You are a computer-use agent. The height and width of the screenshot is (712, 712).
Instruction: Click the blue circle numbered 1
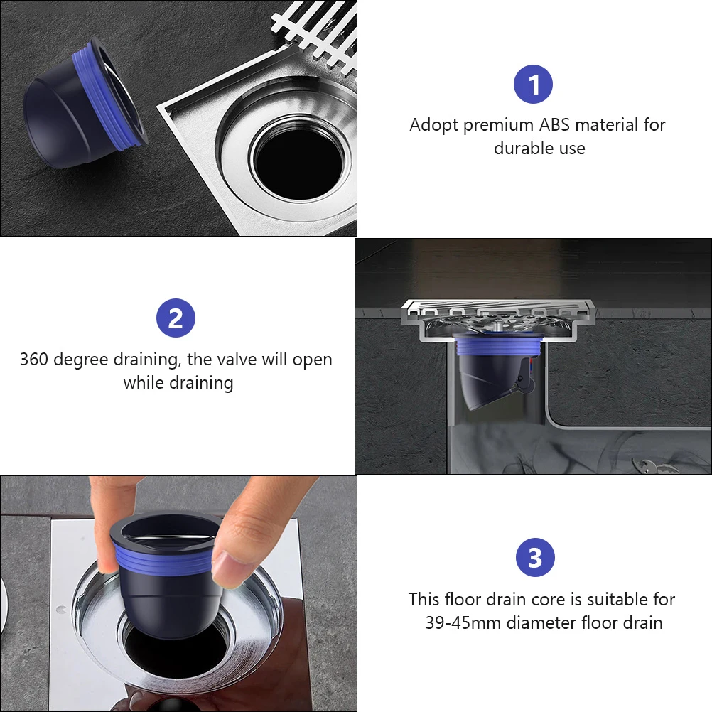point(533,85)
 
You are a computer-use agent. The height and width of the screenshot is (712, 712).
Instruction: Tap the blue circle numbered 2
point(176,318)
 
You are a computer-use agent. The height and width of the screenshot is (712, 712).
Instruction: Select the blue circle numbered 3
point(535,557)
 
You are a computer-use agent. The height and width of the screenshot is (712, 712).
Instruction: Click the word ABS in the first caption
point(554,124)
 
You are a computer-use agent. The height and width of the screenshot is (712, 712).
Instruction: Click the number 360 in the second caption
point(33,359)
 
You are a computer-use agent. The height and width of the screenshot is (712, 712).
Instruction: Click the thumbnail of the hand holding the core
point(178,593)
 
